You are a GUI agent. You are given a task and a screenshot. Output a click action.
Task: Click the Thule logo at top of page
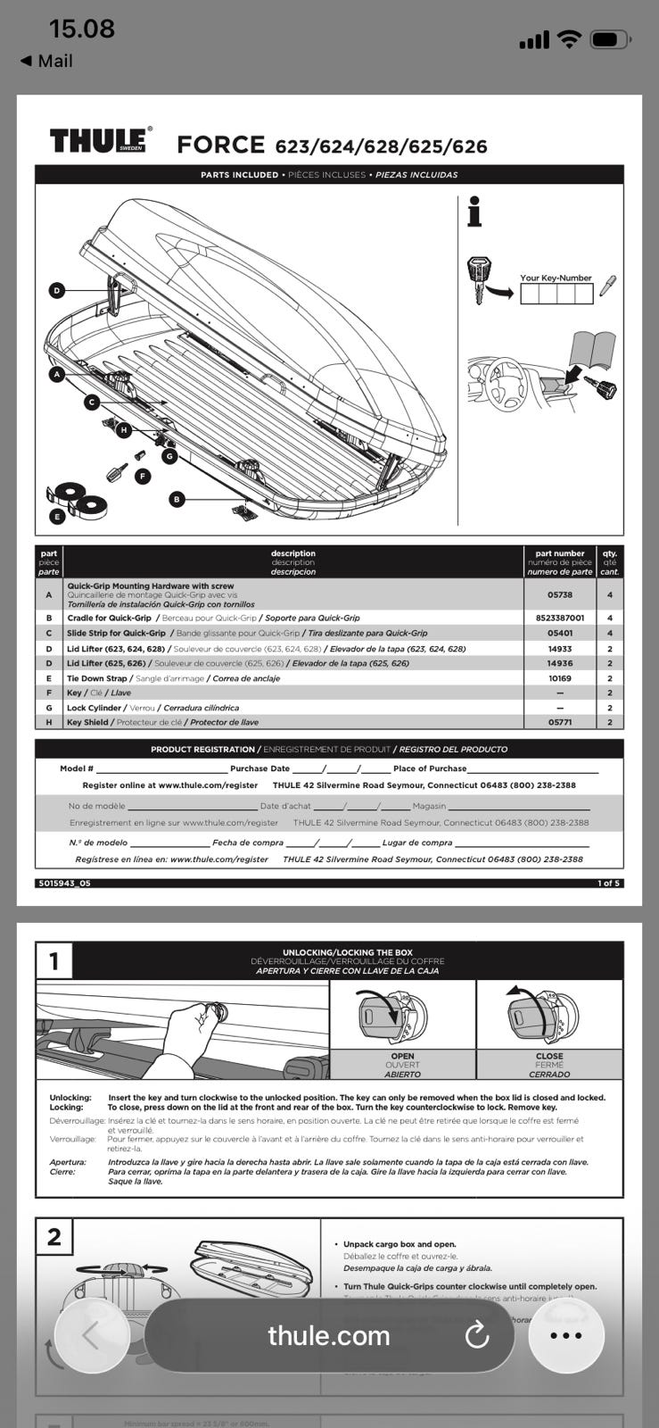[100, 140]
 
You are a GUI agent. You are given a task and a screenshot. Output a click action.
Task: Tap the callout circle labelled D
[57, 290]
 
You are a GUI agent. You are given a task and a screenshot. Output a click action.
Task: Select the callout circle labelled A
[57, 375]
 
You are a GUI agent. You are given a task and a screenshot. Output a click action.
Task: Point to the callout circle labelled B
[177, 499]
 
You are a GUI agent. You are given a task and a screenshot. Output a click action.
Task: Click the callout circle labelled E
[57, 516]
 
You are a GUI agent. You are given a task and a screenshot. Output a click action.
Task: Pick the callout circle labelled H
[124, 430]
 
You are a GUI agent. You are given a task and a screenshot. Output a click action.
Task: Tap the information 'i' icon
[474, 212]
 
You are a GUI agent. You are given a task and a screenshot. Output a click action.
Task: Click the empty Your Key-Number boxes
[556, 293]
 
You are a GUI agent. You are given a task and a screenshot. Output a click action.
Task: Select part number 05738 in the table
[560, 594]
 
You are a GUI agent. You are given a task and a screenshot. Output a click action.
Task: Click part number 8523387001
[560, 618]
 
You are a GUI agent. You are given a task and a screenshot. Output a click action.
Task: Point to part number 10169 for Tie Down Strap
[560, 678]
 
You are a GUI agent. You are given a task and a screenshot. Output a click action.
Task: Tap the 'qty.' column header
[610, 553]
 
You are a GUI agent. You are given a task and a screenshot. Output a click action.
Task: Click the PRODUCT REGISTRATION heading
[203, 749]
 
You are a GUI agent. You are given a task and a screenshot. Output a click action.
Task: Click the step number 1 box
[54, 961]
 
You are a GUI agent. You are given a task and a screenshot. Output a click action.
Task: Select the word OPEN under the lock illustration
[402, 1056]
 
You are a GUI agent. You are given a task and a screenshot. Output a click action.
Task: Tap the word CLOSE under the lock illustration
[549, 1056]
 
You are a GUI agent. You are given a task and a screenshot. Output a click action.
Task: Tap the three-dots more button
[566, 1335]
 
